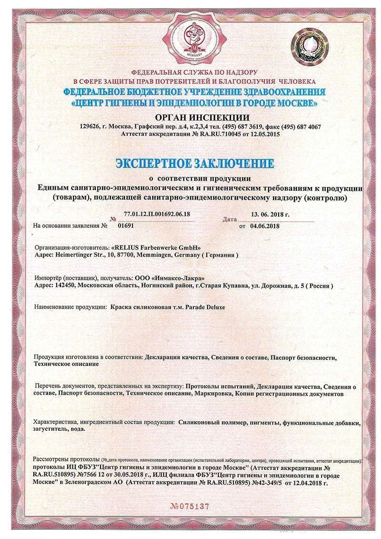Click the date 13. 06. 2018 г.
click(270, 214)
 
